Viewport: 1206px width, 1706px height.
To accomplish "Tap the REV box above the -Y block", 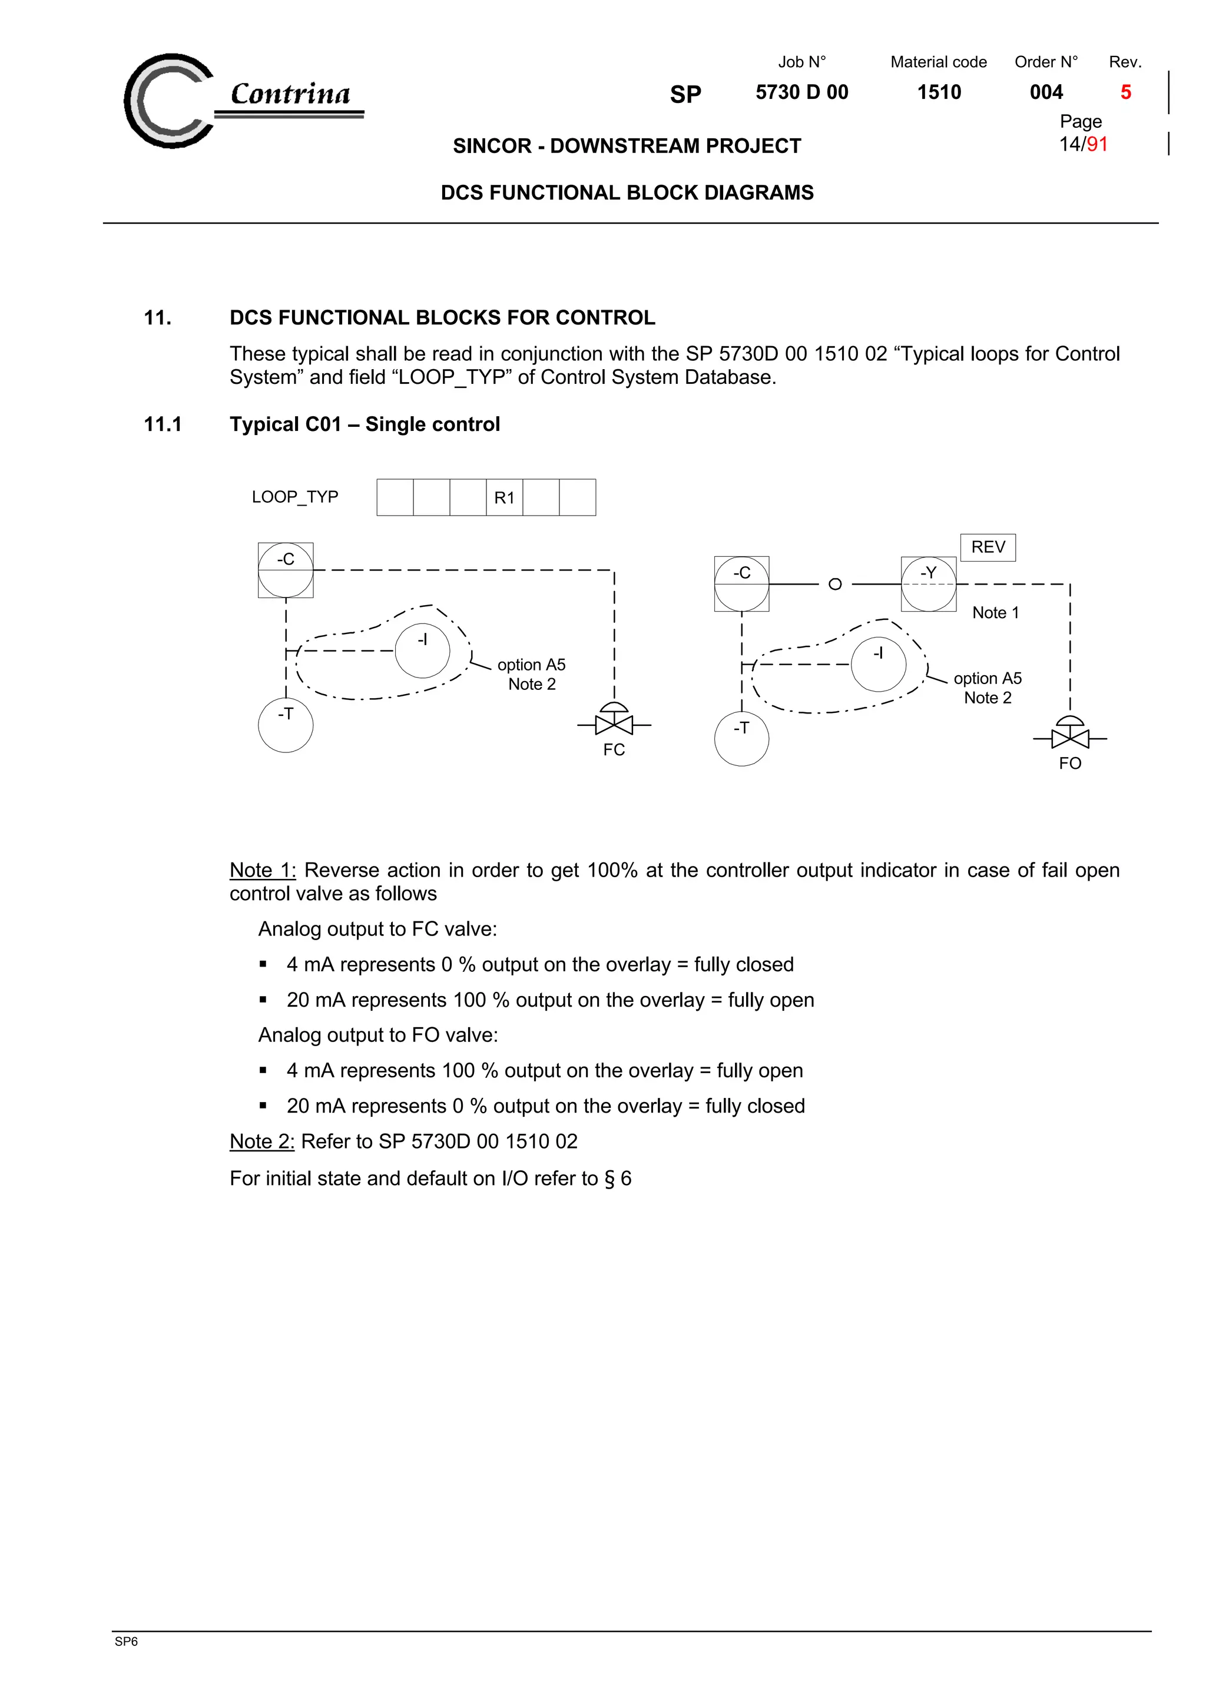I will (988, 547).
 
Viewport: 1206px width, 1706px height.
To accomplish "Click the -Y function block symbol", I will (928, 584).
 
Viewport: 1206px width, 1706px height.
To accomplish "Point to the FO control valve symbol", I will (1069, 736).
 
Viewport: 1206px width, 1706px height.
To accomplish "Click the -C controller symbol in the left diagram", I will (286, 570).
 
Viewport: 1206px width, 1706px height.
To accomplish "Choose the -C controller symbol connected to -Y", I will (741, 584).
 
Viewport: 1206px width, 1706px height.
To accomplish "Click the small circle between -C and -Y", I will (834, 584).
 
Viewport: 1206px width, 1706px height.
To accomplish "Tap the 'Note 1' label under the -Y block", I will (995, 612).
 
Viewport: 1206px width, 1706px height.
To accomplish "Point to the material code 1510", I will (939, 92).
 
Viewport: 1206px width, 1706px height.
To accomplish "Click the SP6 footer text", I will (127, 1641).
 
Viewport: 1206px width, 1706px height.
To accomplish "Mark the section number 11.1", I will (163, 424).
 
